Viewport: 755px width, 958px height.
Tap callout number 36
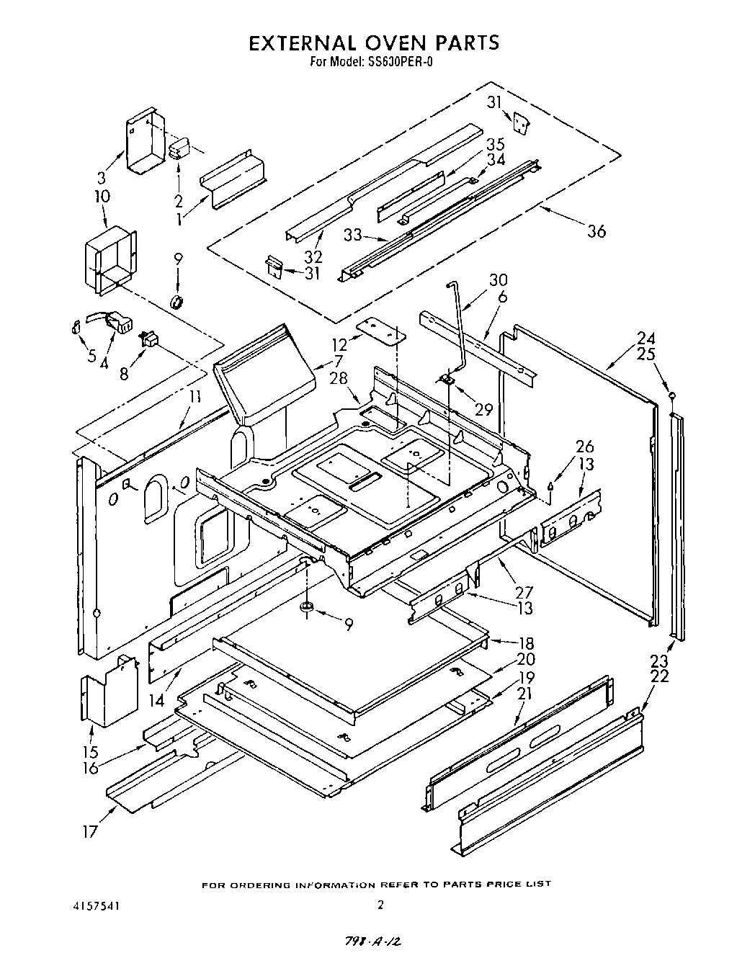(x=596, y=231)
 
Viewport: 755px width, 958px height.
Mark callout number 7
(x=336, y=360)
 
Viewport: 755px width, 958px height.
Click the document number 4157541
(x=96, y=904)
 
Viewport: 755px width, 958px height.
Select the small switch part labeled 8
(x=149, y=339)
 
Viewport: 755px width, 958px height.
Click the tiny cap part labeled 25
(x=671, y=395)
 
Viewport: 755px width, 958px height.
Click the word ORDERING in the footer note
(x=263, y=884)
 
